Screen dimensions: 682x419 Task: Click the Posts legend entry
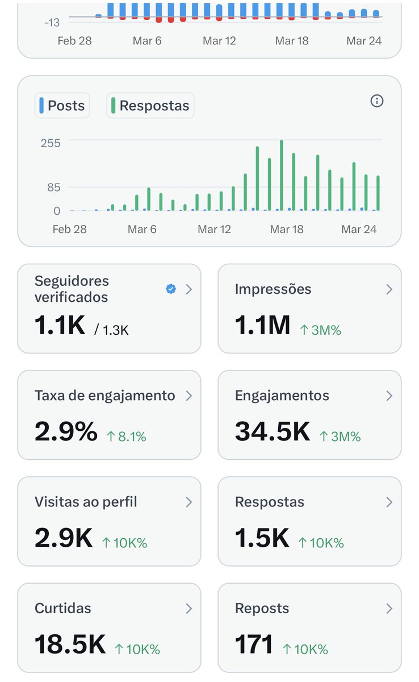click(62, 106)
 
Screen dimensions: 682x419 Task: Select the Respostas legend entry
click(150, 106)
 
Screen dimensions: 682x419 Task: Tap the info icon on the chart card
click(377, 101)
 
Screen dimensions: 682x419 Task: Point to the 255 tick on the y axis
click(50, 142)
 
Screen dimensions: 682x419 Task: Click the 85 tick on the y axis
click(53, 187)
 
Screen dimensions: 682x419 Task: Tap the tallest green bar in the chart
click(282, 175)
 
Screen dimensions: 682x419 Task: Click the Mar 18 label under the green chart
click(287, 229)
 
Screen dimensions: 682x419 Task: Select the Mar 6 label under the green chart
click(142, 229)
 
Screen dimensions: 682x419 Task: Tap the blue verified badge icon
click(170, 289)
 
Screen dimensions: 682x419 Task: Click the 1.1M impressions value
click(262, 326)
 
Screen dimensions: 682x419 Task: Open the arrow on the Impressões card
click(389, 289)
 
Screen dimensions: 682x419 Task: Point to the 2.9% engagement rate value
click(66, 432)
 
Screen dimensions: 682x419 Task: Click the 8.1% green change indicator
click(127, 436)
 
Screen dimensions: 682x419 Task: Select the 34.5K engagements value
click(273, 432)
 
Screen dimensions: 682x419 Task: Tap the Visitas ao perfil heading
click(86, 502)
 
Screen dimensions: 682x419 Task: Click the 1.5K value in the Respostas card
click(262, 538)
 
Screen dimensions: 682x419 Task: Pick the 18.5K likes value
click(70, 644)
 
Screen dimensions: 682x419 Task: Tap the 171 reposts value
click(254, 644)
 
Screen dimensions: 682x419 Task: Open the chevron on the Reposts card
click(389, 609)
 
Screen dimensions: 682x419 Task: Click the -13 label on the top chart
click(52, 22)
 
